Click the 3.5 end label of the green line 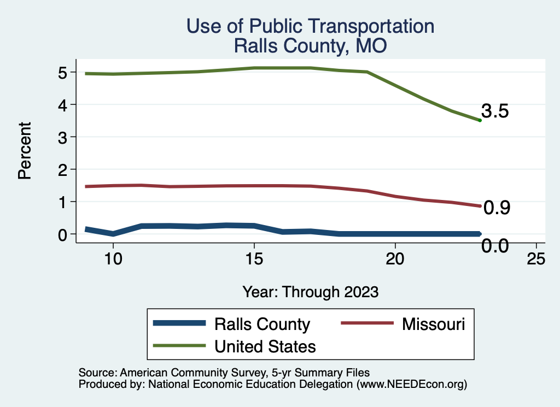[x=495, y=111]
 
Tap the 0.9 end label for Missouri [x=497, y=208]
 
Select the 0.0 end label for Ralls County [x=495, y=246]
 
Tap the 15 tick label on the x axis [x=254, y=259]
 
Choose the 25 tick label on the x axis [x=536, y=259]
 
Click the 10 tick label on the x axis [x=113, y=259]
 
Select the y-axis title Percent [x=24, y=151]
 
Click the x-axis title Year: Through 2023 [x=311, y=292]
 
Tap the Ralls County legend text [x=262, y=325]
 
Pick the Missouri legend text [x=434, y=324]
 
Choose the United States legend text [x=265, y=346]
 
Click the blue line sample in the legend [x=180, y=323]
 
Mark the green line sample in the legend [x=180, y=345]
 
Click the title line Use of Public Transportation [x=310, y=26]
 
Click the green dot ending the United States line [x=480, y=120]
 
